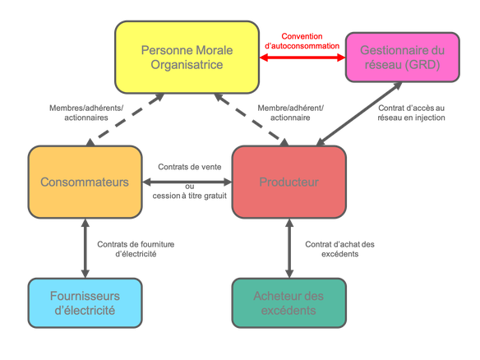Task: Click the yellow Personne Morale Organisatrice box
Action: coord(187,58)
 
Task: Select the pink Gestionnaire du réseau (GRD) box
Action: coord(402,58)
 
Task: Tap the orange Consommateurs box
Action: coord(85,182)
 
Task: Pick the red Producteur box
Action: coord(289,182)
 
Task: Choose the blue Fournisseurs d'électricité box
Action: coord(85,303)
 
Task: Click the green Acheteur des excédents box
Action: coord(289,303)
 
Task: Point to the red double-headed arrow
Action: coord(302,58)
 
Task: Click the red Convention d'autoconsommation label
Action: coord(302,41)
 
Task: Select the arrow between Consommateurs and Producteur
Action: coord(187,182)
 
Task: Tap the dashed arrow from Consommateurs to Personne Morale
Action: coord(127,117)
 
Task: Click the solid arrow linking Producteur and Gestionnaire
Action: coord(359,114)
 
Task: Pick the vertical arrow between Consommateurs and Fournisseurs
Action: coord(85,248)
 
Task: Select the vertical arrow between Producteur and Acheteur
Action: coord(289,248)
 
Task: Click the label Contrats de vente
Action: coord(190,167)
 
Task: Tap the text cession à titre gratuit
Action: coord(190,196)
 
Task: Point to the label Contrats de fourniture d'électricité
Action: coord(136,249)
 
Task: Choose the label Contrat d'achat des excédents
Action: coord(339,249)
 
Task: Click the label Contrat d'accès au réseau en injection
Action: coord(411,113)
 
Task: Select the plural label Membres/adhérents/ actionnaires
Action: coord(86,113)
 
